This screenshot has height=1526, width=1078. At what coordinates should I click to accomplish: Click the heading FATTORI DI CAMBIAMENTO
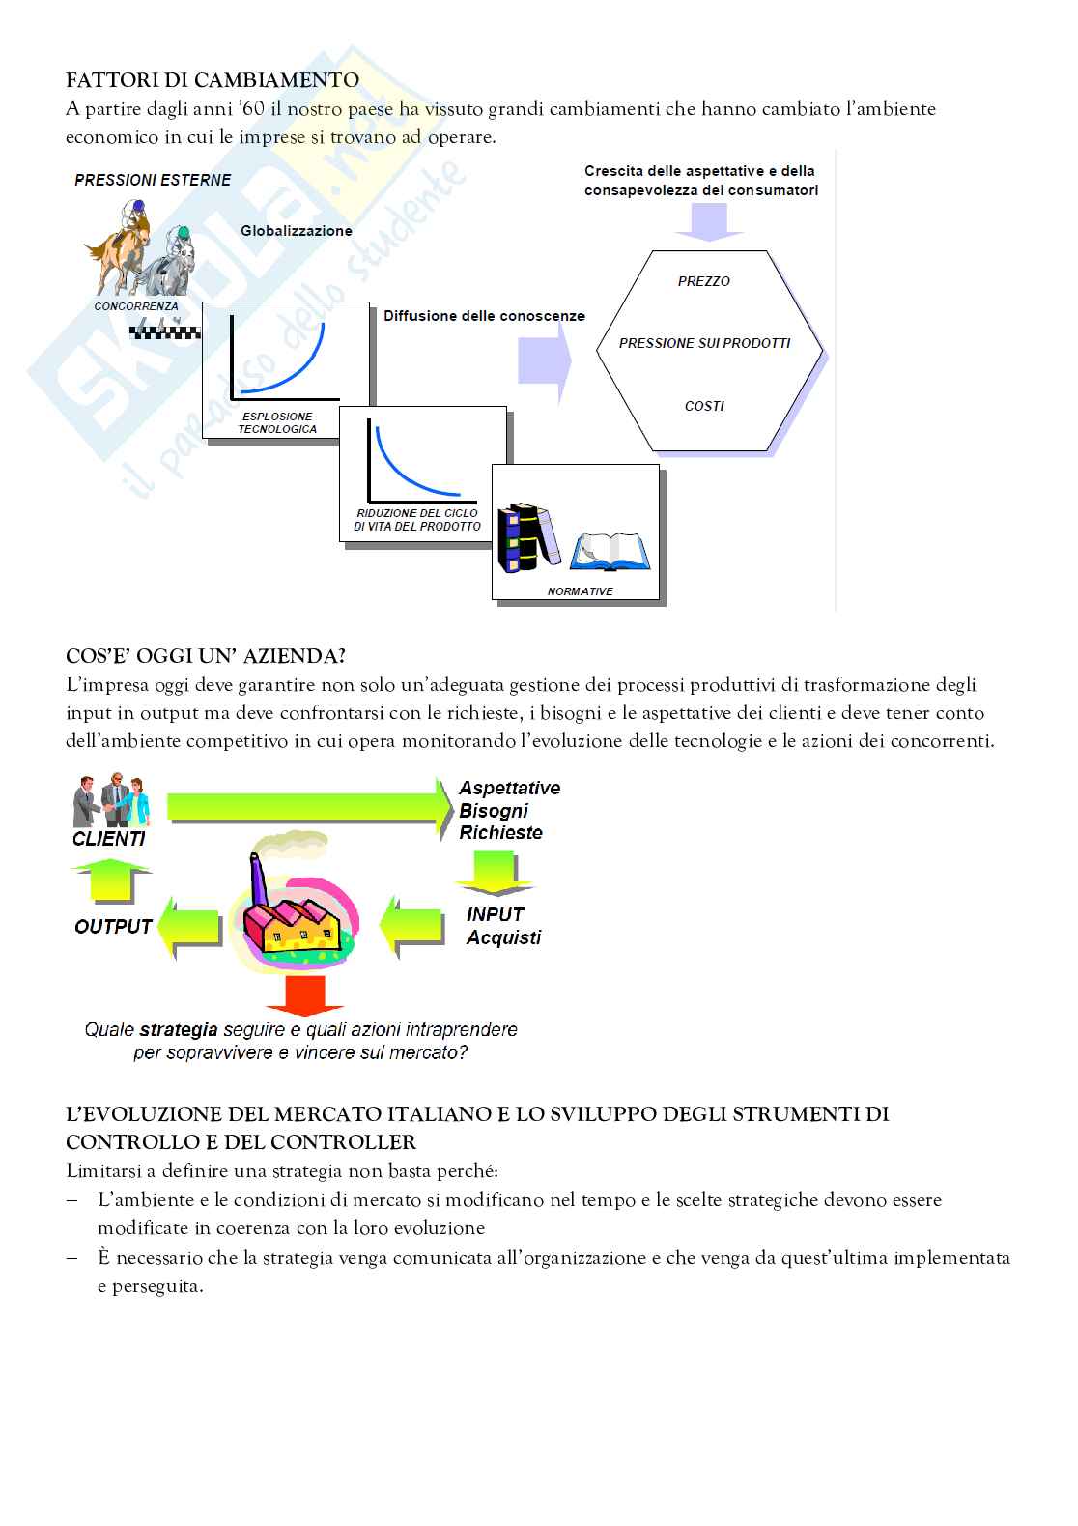tap(213, 80)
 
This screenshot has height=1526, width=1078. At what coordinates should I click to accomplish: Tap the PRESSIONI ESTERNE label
tap(153, 180)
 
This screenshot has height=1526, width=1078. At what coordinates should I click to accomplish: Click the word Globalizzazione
tap(297, 231)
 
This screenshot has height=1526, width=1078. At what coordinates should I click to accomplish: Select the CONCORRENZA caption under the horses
tap(136, 306)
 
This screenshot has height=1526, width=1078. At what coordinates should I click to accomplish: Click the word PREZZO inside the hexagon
tap(704, 281)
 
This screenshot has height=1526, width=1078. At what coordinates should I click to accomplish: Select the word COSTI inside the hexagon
tap(704, 406)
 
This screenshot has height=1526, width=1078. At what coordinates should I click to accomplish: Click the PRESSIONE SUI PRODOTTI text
tap(704, 343)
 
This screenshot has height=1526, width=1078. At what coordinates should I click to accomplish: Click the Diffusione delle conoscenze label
tap(484, 316)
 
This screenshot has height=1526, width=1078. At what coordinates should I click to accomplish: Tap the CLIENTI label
tap(109, 839)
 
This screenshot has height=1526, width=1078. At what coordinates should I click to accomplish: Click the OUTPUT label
tap(113, 926)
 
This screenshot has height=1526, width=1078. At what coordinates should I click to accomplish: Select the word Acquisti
tap(503, 937)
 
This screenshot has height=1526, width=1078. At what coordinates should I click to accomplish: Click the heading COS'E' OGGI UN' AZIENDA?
tap(206, 656)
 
